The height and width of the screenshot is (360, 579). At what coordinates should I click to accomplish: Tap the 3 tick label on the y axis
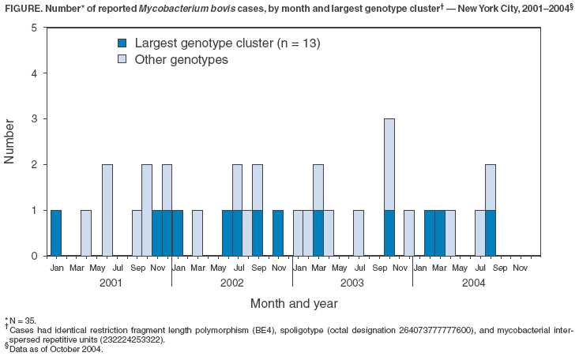click(33, 119)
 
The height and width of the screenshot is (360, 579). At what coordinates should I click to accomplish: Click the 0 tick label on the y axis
click(33, 256)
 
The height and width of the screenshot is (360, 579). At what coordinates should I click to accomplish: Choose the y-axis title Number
click(10, 141)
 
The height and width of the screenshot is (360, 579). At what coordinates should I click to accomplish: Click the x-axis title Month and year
click(294, 303)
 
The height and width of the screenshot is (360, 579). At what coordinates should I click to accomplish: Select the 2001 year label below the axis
click(111, 282)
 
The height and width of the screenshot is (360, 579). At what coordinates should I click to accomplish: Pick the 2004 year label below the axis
click(473, 282)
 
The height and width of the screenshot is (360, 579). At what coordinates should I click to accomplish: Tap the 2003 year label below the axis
click(352, 282)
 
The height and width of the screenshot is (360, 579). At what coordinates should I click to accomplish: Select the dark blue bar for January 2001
click(56, 233)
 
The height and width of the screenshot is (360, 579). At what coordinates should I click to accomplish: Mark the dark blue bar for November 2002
click(278, 233)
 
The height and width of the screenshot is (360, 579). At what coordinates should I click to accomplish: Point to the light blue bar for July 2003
click(359, 233)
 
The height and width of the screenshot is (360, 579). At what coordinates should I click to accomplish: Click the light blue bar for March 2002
click(197, 233)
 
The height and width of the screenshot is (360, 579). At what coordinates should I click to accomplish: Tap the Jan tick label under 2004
click(419, 268)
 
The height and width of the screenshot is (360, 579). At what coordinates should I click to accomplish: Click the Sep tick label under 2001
click(137, 268)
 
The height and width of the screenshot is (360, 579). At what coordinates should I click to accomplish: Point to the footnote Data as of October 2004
click(56, 349)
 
